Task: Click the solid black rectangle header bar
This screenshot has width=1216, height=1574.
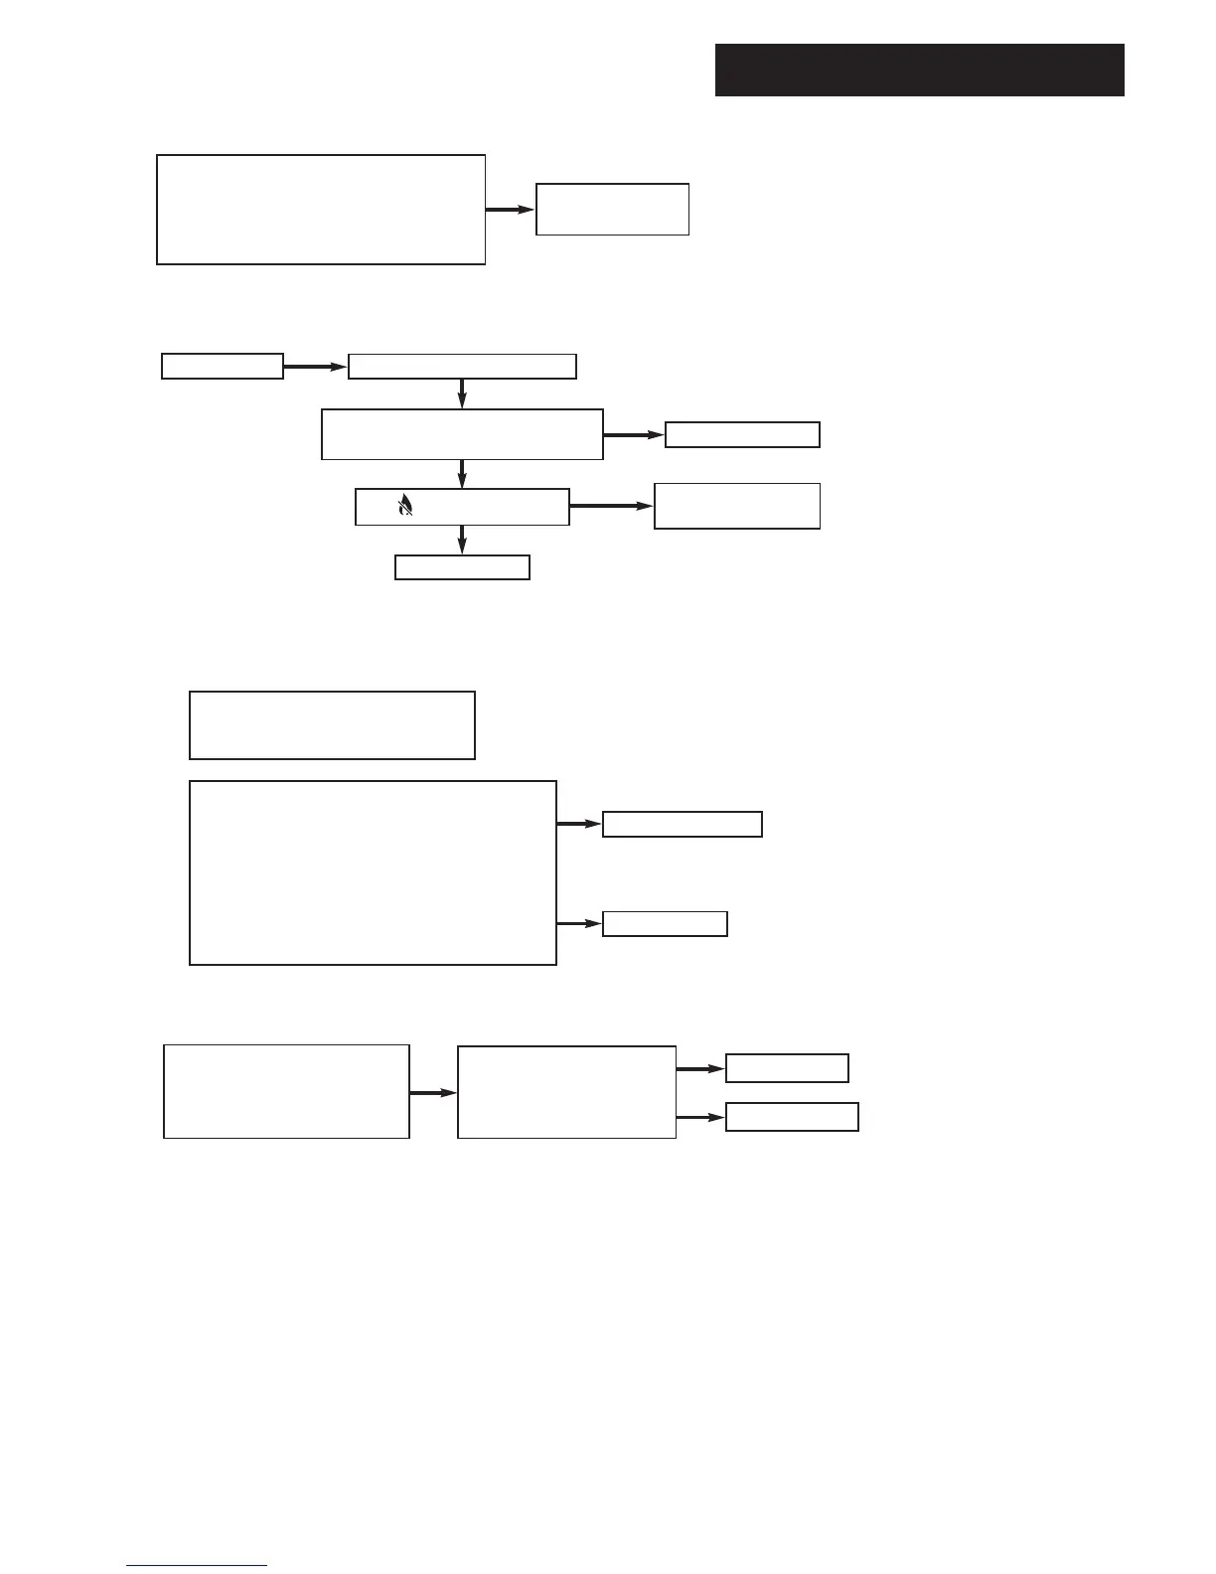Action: pyautogui.click(x=919, y=70)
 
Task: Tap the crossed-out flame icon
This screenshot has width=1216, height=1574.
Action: pyautogui.click(x=404, y=507)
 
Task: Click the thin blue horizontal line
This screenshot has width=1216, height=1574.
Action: pyautogui.click(x=197, y=1565)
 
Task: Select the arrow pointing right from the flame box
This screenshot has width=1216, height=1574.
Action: pyautogui.click(x=611, y=506)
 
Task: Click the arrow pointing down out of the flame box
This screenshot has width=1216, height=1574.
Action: pyautogui.click(x=462, y=540)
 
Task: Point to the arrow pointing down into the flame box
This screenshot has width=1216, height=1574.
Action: pyautogui.click(x=462, y=473)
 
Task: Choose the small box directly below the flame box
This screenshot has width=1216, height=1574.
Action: pyautogui.click(x=462, y=567)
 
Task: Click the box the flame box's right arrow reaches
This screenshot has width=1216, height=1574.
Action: pyautogui.click(x=736, y=506)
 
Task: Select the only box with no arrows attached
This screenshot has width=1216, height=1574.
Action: pyautogui.click(x=332, y=725)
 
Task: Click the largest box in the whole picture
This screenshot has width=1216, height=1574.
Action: pyautogui.click(x=373, y=872)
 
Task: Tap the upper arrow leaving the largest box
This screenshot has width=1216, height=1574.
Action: pyautogui.click(x=579, y=824)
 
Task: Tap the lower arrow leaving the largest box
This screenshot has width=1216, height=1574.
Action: pyautogui.click(x=579, y=923)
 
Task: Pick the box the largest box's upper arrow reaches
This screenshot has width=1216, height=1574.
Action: pyautogui.click(x=682, y=825)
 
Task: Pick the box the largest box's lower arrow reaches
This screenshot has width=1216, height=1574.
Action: pyautogui.click(x=665, y=923)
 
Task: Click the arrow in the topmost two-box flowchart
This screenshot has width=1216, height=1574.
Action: pyautogui.click(x=510, y=210)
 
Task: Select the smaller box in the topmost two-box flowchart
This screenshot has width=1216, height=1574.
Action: pyautogui.click(x=612, y=209)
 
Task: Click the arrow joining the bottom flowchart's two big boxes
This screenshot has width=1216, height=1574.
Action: pyautogui.click(x=433, y=1092)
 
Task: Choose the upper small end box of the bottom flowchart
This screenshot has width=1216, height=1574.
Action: pyautogui.click(x=787, y=1067)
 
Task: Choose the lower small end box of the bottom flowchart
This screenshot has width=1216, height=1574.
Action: pyautogui.click(x=792, y=1117)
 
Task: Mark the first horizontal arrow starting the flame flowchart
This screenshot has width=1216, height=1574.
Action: pyautogui.click(x=315, y=367)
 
